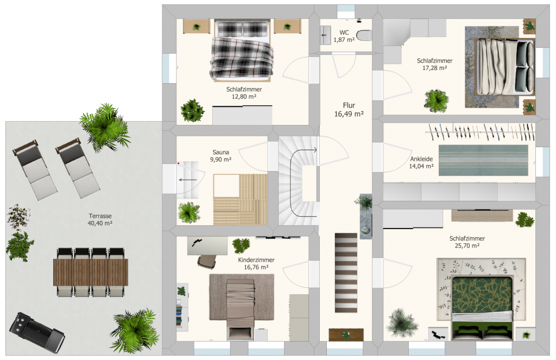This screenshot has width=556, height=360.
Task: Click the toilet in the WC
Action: [x=364, y=35]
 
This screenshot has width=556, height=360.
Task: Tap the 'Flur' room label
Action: [x=349, y=105]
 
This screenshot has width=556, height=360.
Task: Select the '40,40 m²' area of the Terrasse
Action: [x=100, y=223]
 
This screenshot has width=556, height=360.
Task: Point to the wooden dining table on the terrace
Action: [x=91, y=272]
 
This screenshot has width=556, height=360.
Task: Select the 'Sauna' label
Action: [x=220, y=152]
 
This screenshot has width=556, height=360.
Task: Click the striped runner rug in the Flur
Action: [x=346, y=273]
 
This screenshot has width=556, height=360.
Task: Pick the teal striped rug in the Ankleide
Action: [x=483, y=160]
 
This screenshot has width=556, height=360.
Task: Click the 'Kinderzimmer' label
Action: [x=256, y=260]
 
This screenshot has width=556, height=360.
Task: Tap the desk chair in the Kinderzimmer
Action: [x=207, y=261]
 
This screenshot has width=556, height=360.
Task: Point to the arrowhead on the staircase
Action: [x=315, y=150]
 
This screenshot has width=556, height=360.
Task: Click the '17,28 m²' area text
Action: [x=434, y=68]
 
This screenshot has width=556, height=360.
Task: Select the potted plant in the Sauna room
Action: [x=189, y=212]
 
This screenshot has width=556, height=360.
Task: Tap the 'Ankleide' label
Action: [x=421, y=159]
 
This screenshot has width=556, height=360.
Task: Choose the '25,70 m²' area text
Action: [x=467, y=246]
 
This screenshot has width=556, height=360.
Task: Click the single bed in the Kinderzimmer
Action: [x=241, y=308]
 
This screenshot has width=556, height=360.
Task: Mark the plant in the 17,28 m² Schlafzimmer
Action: [x=437, y=101]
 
